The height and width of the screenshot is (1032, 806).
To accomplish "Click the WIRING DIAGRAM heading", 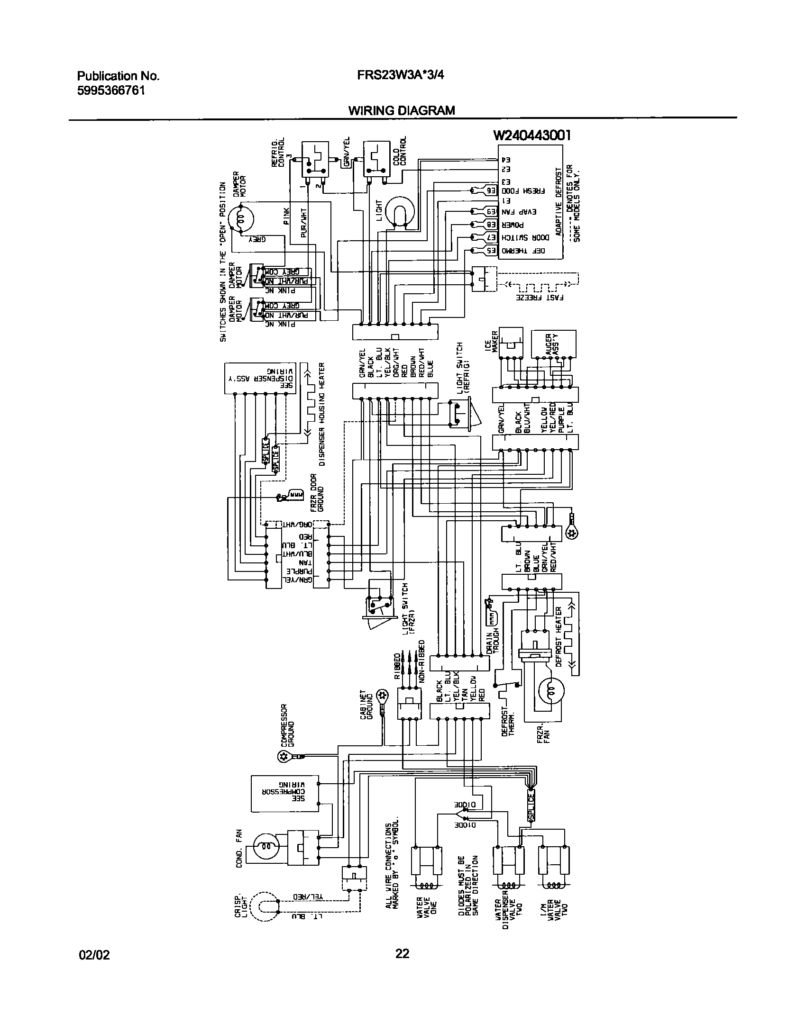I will coord(402,110).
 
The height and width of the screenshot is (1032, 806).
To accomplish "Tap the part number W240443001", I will coord(532,136).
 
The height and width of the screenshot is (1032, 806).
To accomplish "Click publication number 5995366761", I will coord(111,90).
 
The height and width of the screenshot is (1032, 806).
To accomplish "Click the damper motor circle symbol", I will coord(241,219).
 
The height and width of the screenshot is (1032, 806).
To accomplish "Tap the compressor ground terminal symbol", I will coord(284,757).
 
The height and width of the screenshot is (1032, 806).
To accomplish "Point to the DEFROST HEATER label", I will coord(558,636).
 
